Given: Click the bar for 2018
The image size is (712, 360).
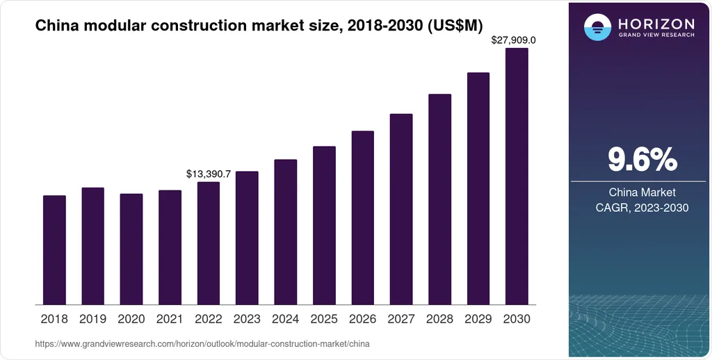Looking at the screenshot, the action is pos(54,250).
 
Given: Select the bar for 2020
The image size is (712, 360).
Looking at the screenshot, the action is pos(131,249).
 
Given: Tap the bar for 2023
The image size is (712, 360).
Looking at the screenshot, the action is pos(247,238).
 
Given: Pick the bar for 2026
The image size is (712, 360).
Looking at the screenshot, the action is pos(363,218).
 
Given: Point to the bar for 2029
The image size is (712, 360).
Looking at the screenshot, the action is pos(478,188).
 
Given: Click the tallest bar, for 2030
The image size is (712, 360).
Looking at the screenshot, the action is pos(517,176).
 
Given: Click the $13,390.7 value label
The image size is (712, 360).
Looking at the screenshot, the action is pos(209,174).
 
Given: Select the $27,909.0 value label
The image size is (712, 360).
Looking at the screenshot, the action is pos(514,40).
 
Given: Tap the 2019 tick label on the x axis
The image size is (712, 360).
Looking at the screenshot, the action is pos(92,319).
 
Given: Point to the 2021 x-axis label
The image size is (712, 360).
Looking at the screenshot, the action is pos(170,319).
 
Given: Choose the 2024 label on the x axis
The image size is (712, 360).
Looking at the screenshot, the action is pos(286,319).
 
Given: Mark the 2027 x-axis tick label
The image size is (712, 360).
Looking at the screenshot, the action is pos(401,319).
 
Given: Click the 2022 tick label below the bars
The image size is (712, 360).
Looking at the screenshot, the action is pos(209,319).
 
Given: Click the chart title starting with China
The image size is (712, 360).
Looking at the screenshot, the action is pos(259,26).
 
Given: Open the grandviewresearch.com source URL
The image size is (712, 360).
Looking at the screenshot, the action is pos(202,344).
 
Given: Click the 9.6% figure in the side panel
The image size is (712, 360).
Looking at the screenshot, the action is pos(642,160).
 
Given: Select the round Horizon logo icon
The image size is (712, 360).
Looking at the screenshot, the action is pos(597,27).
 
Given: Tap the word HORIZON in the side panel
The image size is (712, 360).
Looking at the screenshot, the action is pos(656,24).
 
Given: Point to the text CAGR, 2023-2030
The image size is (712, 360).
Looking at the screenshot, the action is pos(642,208).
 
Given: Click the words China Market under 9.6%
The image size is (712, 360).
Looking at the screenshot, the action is pos(642,193).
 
